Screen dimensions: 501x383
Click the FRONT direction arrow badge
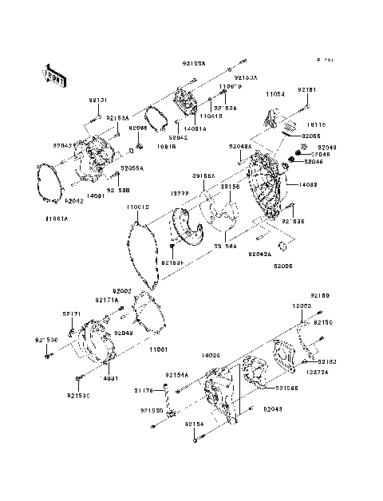coord(52,75)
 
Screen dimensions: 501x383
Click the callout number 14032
coord(310,184)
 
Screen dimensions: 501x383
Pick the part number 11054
coord(274,93)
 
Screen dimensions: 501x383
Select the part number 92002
coord(121,292)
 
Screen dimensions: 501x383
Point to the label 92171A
coord(107,300)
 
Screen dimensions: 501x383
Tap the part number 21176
coord(143,390)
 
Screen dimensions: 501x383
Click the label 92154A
coord(177,374)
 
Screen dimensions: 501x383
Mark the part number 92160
coord(319,295)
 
